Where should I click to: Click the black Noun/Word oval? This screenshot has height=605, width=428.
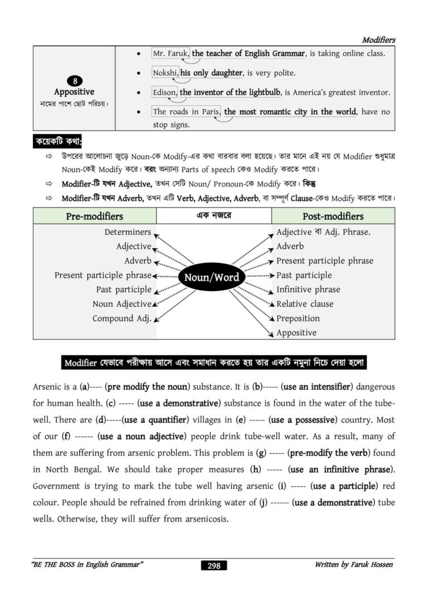211,277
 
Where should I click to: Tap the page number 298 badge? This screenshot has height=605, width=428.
213,565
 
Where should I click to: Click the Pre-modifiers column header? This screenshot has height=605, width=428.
94,216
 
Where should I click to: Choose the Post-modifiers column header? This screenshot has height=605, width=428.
333,216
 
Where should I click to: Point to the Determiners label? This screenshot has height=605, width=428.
128,232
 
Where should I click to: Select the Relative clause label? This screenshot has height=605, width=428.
305,304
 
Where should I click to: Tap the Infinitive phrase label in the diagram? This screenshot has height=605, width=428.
308,289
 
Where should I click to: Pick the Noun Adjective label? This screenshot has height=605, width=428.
121,304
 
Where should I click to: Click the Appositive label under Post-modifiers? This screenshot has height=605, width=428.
296,333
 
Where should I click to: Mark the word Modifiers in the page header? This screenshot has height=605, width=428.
378,40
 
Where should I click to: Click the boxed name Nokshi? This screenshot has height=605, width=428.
165,73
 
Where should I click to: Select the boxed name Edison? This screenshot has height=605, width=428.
164,92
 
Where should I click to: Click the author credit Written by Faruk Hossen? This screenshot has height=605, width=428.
354,565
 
